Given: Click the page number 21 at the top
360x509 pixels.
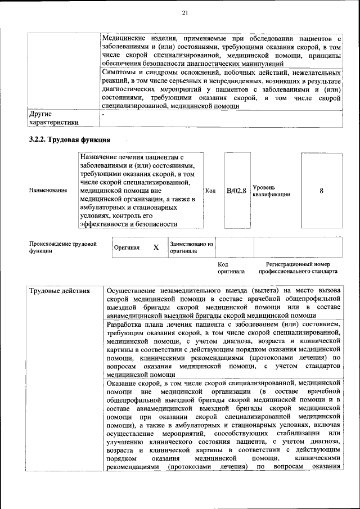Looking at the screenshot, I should pyautogui.click(x=185, y=13).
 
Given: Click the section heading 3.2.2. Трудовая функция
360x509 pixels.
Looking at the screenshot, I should pyautogui.click(x=69, y=139).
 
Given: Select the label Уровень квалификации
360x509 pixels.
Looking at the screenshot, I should pyautogui.click(x=271, y=191).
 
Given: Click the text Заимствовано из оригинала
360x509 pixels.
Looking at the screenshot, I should pyautogui.click(x=191, y=247).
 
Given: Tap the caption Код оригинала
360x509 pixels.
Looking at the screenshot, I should pyautogui.click(x=231, y=268).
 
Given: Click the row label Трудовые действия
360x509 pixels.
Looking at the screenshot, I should pyautogui.click(x=59, y=291).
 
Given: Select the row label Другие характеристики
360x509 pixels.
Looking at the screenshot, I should pyautogui.click(x=53, y=118).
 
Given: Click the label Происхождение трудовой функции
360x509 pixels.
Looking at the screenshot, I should pyautogui.click(x=62, y=247).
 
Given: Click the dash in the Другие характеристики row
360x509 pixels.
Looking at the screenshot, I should pyautogui.click(x=103, y=114).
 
